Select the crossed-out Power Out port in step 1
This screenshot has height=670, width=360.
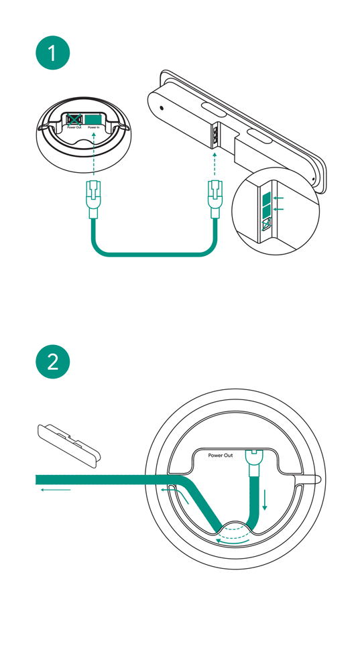[x=73, y=119]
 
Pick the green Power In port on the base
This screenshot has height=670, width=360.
[x=93, y=119]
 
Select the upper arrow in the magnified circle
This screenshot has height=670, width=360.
[x=280, y=198]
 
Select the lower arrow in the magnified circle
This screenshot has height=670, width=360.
[x=280, y=210]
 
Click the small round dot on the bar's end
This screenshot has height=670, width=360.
[x=161, y=107]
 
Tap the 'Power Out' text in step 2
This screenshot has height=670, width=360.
[x=221, y=456]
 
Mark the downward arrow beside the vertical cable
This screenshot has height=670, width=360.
[x=265, y=500]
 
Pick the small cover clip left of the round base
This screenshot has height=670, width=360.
[x=68, y=442]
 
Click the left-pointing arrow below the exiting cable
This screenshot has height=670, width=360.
[x=55, y=490]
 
